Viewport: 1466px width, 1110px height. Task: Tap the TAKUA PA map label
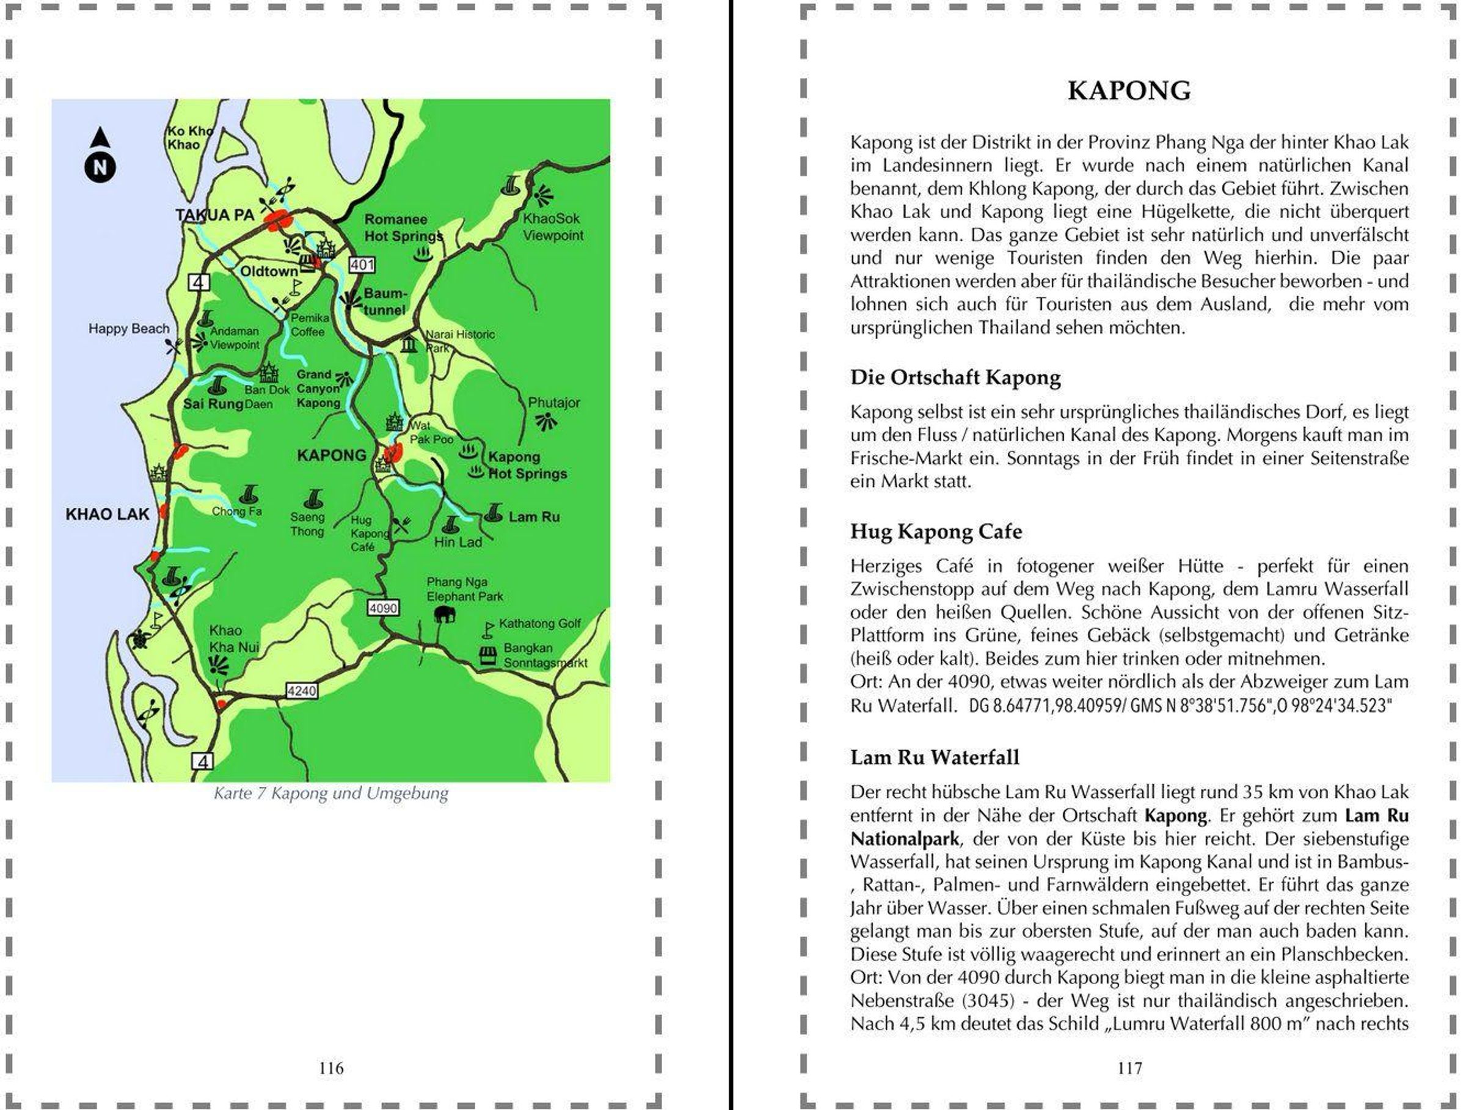tap(215, 214)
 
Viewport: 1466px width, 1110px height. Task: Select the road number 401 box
tap(362, 265)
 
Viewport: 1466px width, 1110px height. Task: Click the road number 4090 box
tap(383, 608)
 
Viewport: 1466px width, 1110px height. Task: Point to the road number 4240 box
tap(302, 690)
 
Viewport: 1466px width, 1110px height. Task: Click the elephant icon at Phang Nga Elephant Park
tap(445, 615)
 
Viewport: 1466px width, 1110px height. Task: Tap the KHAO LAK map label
tap(108, 514)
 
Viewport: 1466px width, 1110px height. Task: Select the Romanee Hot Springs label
tap(403, 227)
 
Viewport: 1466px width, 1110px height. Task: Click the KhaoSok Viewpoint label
tap(553, 227)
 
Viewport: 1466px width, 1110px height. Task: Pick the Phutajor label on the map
tap(553, 402)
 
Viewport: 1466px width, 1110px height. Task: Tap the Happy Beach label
tap(129, 329)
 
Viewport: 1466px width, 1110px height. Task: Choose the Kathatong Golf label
tap(539, 624)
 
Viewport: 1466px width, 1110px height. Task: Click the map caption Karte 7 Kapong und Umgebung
tap(330, 793)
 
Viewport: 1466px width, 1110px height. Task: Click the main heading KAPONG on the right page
tap(1129, 91)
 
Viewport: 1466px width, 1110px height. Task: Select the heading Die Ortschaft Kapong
tap(955, 377)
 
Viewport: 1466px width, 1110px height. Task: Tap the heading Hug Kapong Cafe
tap(936, 531)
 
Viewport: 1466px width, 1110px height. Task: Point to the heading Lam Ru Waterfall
tap(935, 757)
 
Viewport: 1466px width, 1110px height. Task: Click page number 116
tap(330, 1068)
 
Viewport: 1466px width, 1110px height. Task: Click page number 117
tap(1129, 1068)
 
